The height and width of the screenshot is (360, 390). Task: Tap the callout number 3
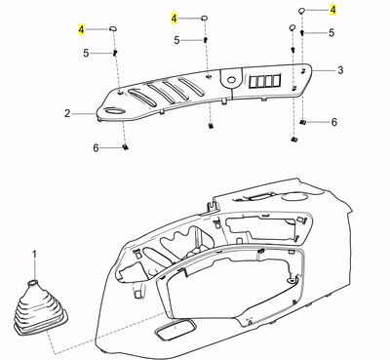[x=341, y=70]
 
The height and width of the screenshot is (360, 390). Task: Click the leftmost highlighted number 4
[x=82, y=31]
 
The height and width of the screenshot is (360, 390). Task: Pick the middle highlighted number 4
[x=175, y=19]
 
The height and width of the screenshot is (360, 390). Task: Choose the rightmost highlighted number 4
[x=332, y=9]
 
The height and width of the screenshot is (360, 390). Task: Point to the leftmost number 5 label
[x=86, y=52]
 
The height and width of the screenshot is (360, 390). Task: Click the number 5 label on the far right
[x=332, y=32]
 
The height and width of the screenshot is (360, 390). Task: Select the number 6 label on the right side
[x=334, y=122]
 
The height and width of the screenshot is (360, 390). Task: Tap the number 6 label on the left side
[x=96, y=147]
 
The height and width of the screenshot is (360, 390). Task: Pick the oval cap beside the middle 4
[x=206, y=18]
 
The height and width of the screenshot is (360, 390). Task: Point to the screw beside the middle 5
[x=206, y=39]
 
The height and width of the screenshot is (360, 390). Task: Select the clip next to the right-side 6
[x=304, y=122]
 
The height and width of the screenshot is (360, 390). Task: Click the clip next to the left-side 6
[x=127, y=147]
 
